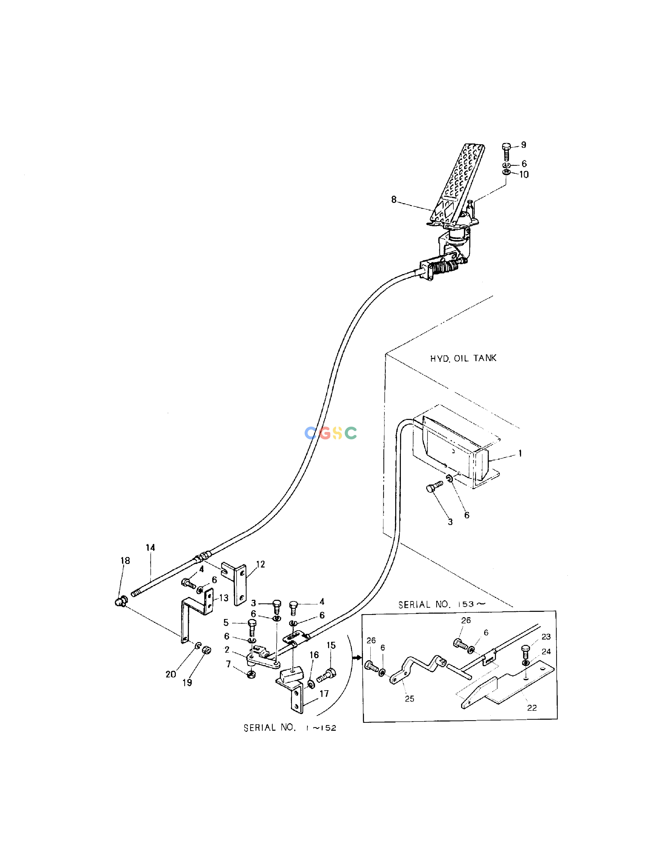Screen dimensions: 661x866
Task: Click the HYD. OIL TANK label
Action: pyautogui.click(x=463, y=358)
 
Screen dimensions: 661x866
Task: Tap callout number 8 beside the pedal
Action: pyautogui.click(x=394, y=200)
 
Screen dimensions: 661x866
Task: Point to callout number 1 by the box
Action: pyautogui.click(x=520, y=453)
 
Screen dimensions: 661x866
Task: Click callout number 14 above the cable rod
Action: pyautogui.click(x=150, y=547)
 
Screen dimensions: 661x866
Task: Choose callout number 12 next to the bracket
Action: pyautogui.click(x=260, y=564)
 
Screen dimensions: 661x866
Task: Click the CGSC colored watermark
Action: pyautogui.click(x=331, y=433)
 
